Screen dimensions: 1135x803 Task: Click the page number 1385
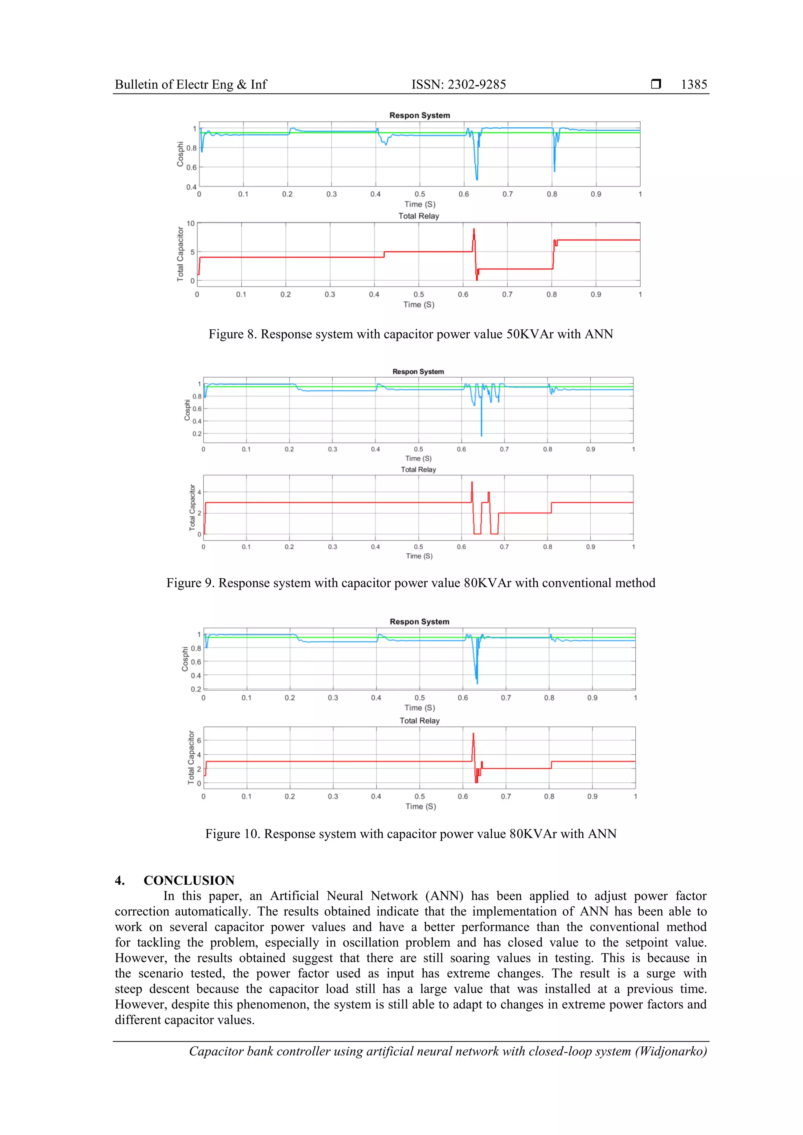pos(694,85)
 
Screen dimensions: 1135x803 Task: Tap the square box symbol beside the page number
pos(656,84)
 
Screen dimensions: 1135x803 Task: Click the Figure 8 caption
pos(411,334)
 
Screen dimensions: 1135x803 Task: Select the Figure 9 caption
pos(411,583)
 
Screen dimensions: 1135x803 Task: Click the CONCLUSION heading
pos(189,880)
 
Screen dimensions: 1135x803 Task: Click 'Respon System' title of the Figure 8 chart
pos(420,115)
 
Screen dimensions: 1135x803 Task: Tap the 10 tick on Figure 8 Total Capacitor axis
pos(191,223)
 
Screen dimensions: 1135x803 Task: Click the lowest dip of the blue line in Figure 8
pos(477,179)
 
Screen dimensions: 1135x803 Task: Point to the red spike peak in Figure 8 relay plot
pos(474,229)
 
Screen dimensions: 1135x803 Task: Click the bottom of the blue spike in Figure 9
pos(481,435)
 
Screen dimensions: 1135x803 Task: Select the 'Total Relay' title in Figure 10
pos(420,721)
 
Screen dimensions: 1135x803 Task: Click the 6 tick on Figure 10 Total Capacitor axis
pos(199,740)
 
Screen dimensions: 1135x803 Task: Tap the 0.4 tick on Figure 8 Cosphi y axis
pos(191,187)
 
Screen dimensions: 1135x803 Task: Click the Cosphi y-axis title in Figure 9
pos(187,410)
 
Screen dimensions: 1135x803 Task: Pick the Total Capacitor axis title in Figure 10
pos(191,757)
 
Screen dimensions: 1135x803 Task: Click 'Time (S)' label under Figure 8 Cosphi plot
pos(420,204)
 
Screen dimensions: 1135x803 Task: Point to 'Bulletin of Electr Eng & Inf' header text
pos(191,85)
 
